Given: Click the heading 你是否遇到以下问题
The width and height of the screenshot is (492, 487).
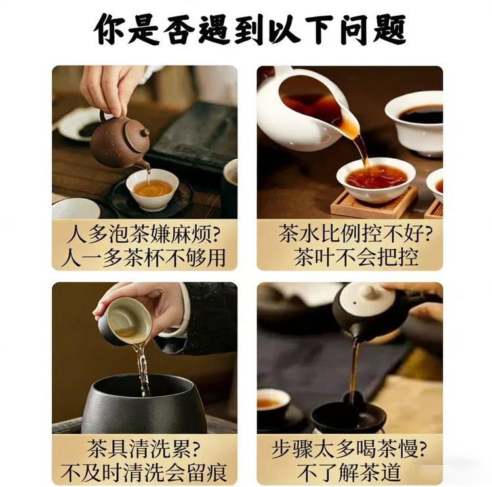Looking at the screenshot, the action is coord(250,29).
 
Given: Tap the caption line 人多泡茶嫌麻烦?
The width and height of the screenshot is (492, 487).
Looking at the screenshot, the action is coord(144,234).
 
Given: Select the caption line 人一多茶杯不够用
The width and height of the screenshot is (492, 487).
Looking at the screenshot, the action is coord(144,257).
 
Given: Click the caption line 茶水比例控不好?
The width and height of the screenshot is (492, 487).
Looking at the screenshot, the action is coord(355,234).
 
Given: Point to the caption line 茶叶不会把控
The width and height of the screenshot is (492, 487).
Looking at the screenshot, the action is coord(356,257).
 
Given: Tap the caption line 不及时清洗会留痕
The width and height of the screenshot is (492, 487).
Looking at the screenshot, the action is coord(144,473).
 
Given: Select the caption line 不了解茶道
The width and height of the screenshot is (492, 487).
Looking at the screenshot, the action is coord(349,473).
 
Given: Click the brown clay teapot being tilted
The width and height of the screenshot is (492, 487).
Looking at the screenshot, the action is coord(121,141).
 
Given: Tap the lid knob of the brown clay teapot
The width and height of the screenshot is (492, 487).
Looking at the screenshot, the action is coord(145,133).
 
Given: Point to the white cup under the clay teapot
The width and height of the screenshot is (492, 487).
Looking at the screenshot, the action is coord(152,189).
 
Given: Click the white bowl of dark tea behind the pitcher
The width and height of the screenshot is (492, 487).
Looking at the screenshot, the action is coord(414,123).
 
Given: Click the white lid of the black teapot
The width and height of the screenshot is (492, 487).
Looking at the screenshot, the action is coord(367,301).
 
